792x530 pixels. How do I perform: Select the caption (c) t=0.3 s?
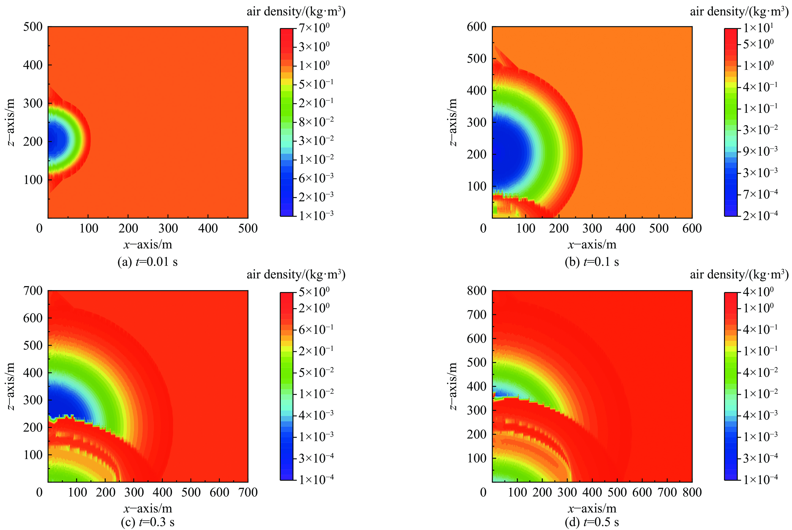click(147, 522)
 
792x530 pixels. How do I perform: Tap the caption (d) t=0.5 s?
click(592, 522)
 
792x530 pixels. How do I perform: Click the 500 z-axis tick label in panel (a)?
click(33, 27)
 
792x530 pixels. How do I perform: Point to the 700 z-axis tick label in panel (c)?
click(33, 291)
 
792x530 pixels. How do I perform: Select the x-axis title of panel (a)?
click(148, 244)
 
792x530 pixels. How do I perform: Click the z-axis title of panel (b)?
click(453, 122)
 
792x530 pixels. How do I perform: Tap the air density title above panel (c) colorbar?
click(296, 274)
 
